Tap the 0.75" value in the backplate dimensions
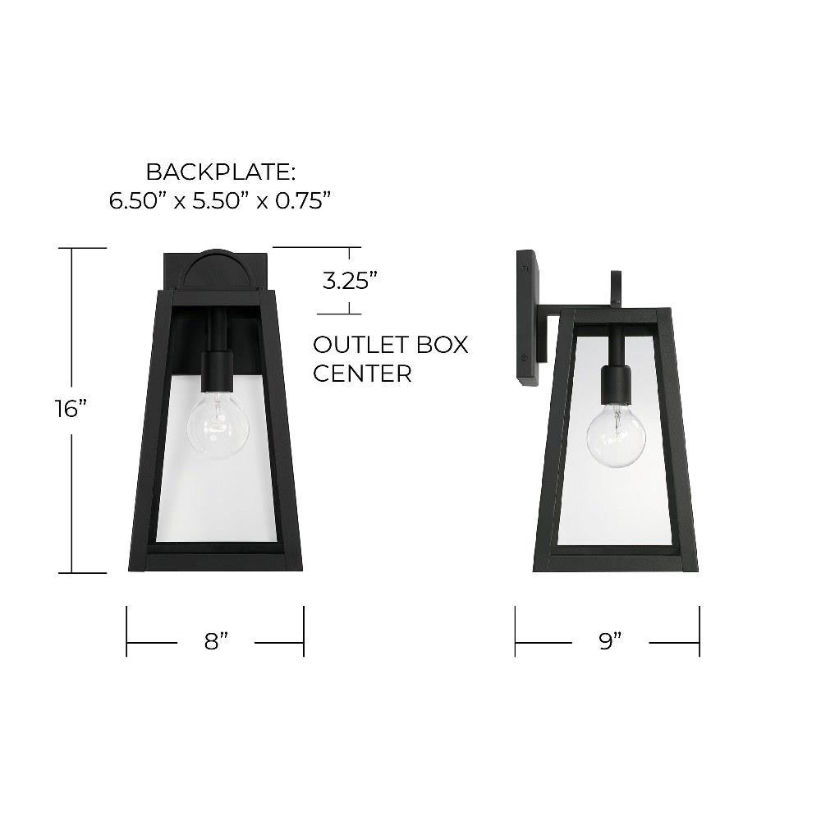[x=303, y=200]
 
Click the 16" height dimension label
[x=71, y=408]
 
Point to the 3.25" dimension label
[x=350, y=281]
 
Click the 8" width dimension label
[x=216, y=641]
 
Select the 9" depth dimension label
[x=610, y=640]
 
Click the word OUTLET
[x=360, y=345]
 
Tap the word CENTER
[x=362, y=374]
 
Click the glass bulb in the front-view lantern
[x=218, y=424]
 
